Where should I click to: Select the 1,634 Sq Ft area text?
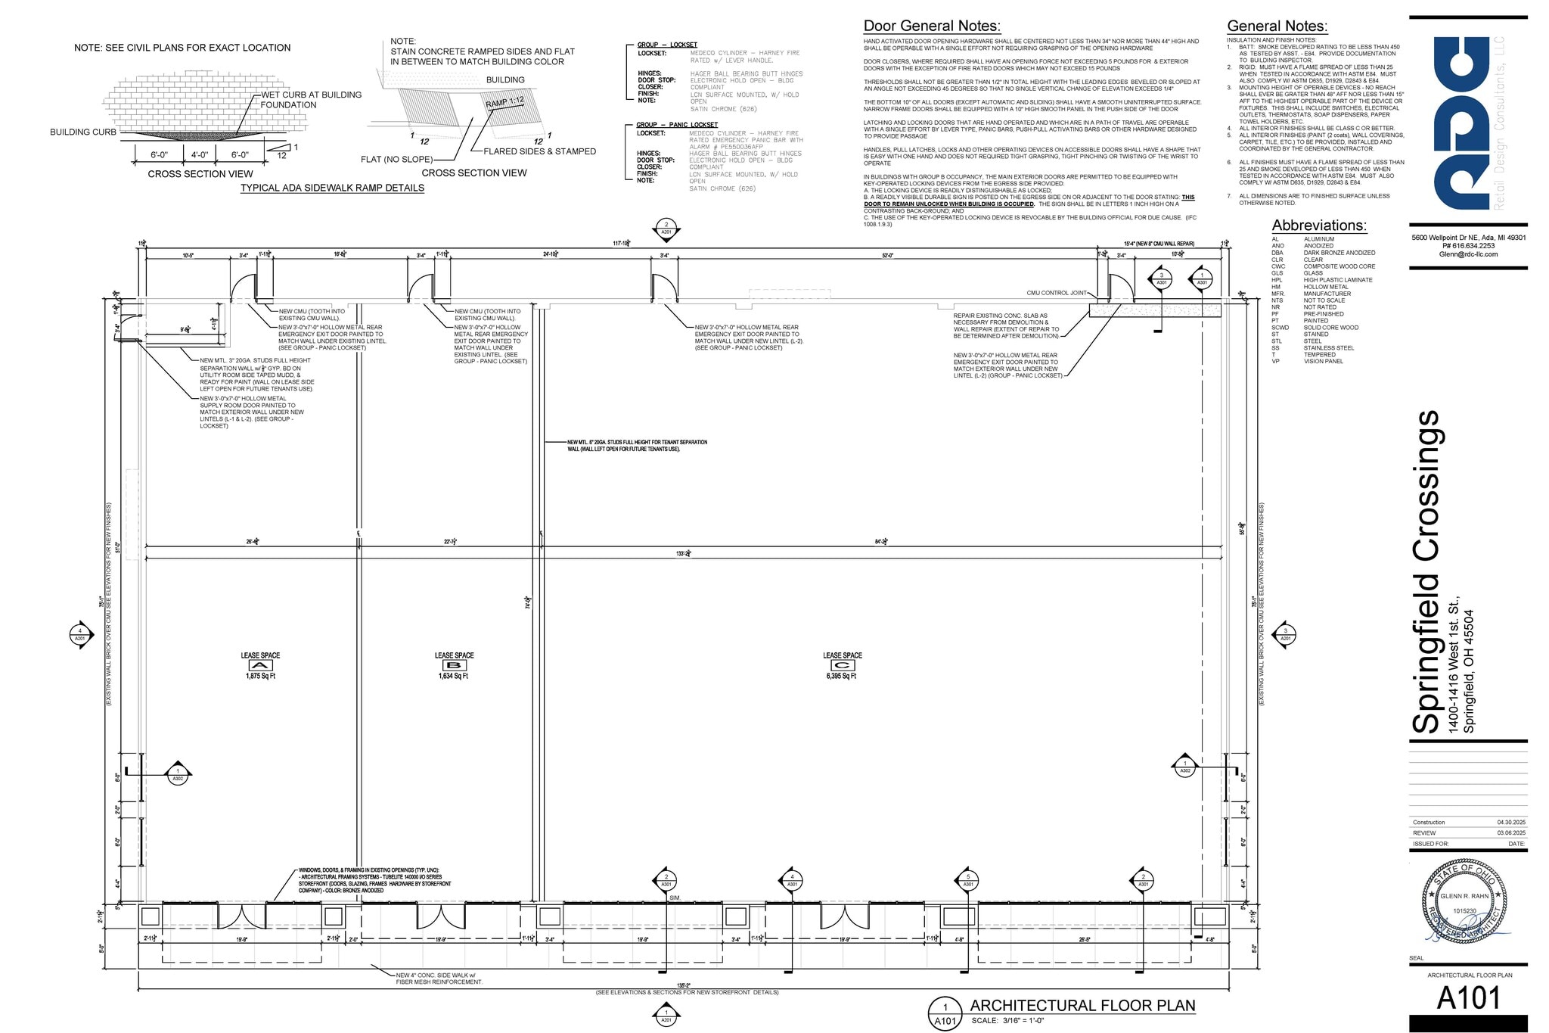453,676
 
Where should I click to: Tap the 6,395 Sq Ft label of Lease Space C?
841,676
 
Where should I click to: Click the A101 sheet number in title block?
1469,999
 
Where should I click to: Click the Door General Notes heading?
932,26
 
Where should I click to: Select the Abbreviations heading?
1319,226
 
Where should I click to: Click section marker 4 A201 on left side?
80,634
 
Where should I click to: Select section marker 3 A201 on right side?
1285,634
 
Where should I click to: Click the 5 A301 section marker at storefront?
968,880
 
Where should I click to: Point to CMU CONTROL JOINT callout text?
1057,293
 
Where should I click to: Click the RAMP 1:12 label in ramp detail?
504,102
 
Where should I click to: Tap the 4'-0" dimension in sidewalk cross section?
199,155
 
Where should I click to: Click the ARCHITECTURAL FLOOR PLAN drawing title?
1082,1006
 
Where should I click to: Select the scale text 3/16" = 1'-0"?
1007,1021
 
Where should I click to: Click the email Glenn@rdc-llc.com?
1468,254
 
